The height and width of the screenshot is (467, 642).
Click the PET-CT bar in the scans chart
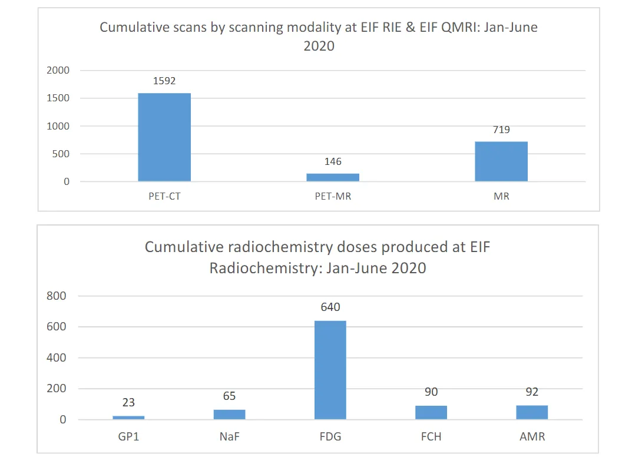(164, 137)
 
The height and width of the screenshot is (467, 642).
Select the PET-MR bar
(333, 177)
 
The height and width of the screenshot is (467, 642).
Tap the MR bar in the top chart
(501, 161)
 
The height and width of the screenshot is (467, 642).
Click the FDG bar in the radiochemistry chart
(330, 370)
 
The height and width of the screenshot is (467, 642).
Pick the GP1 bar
(128, 418)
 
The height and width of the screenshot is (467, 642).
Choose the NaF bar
(229, 415)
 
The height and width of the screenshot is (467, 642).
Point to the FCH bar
(431, 412)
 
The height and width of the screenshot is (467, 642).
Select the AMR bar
(532, 412)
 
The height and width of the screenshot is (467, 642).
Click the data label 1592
(164, 81)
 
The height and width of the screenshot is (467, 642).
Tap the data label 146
(333, 161)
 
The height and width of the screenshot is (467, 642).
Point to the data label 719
(501, 130)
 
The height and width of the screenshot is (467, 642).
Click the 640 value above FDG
(330, 307)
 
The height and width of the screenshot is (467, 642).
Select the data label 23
(128, 403)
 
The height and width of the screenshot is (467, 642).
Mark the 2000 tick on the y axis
(58, 71)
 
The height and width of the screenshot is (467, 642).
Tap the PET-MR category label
(333, 196)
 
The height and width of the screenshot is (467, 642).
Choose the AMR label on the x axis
(532, 437)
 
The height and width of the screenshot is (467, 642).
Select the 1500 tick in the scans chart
(58, 98)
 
